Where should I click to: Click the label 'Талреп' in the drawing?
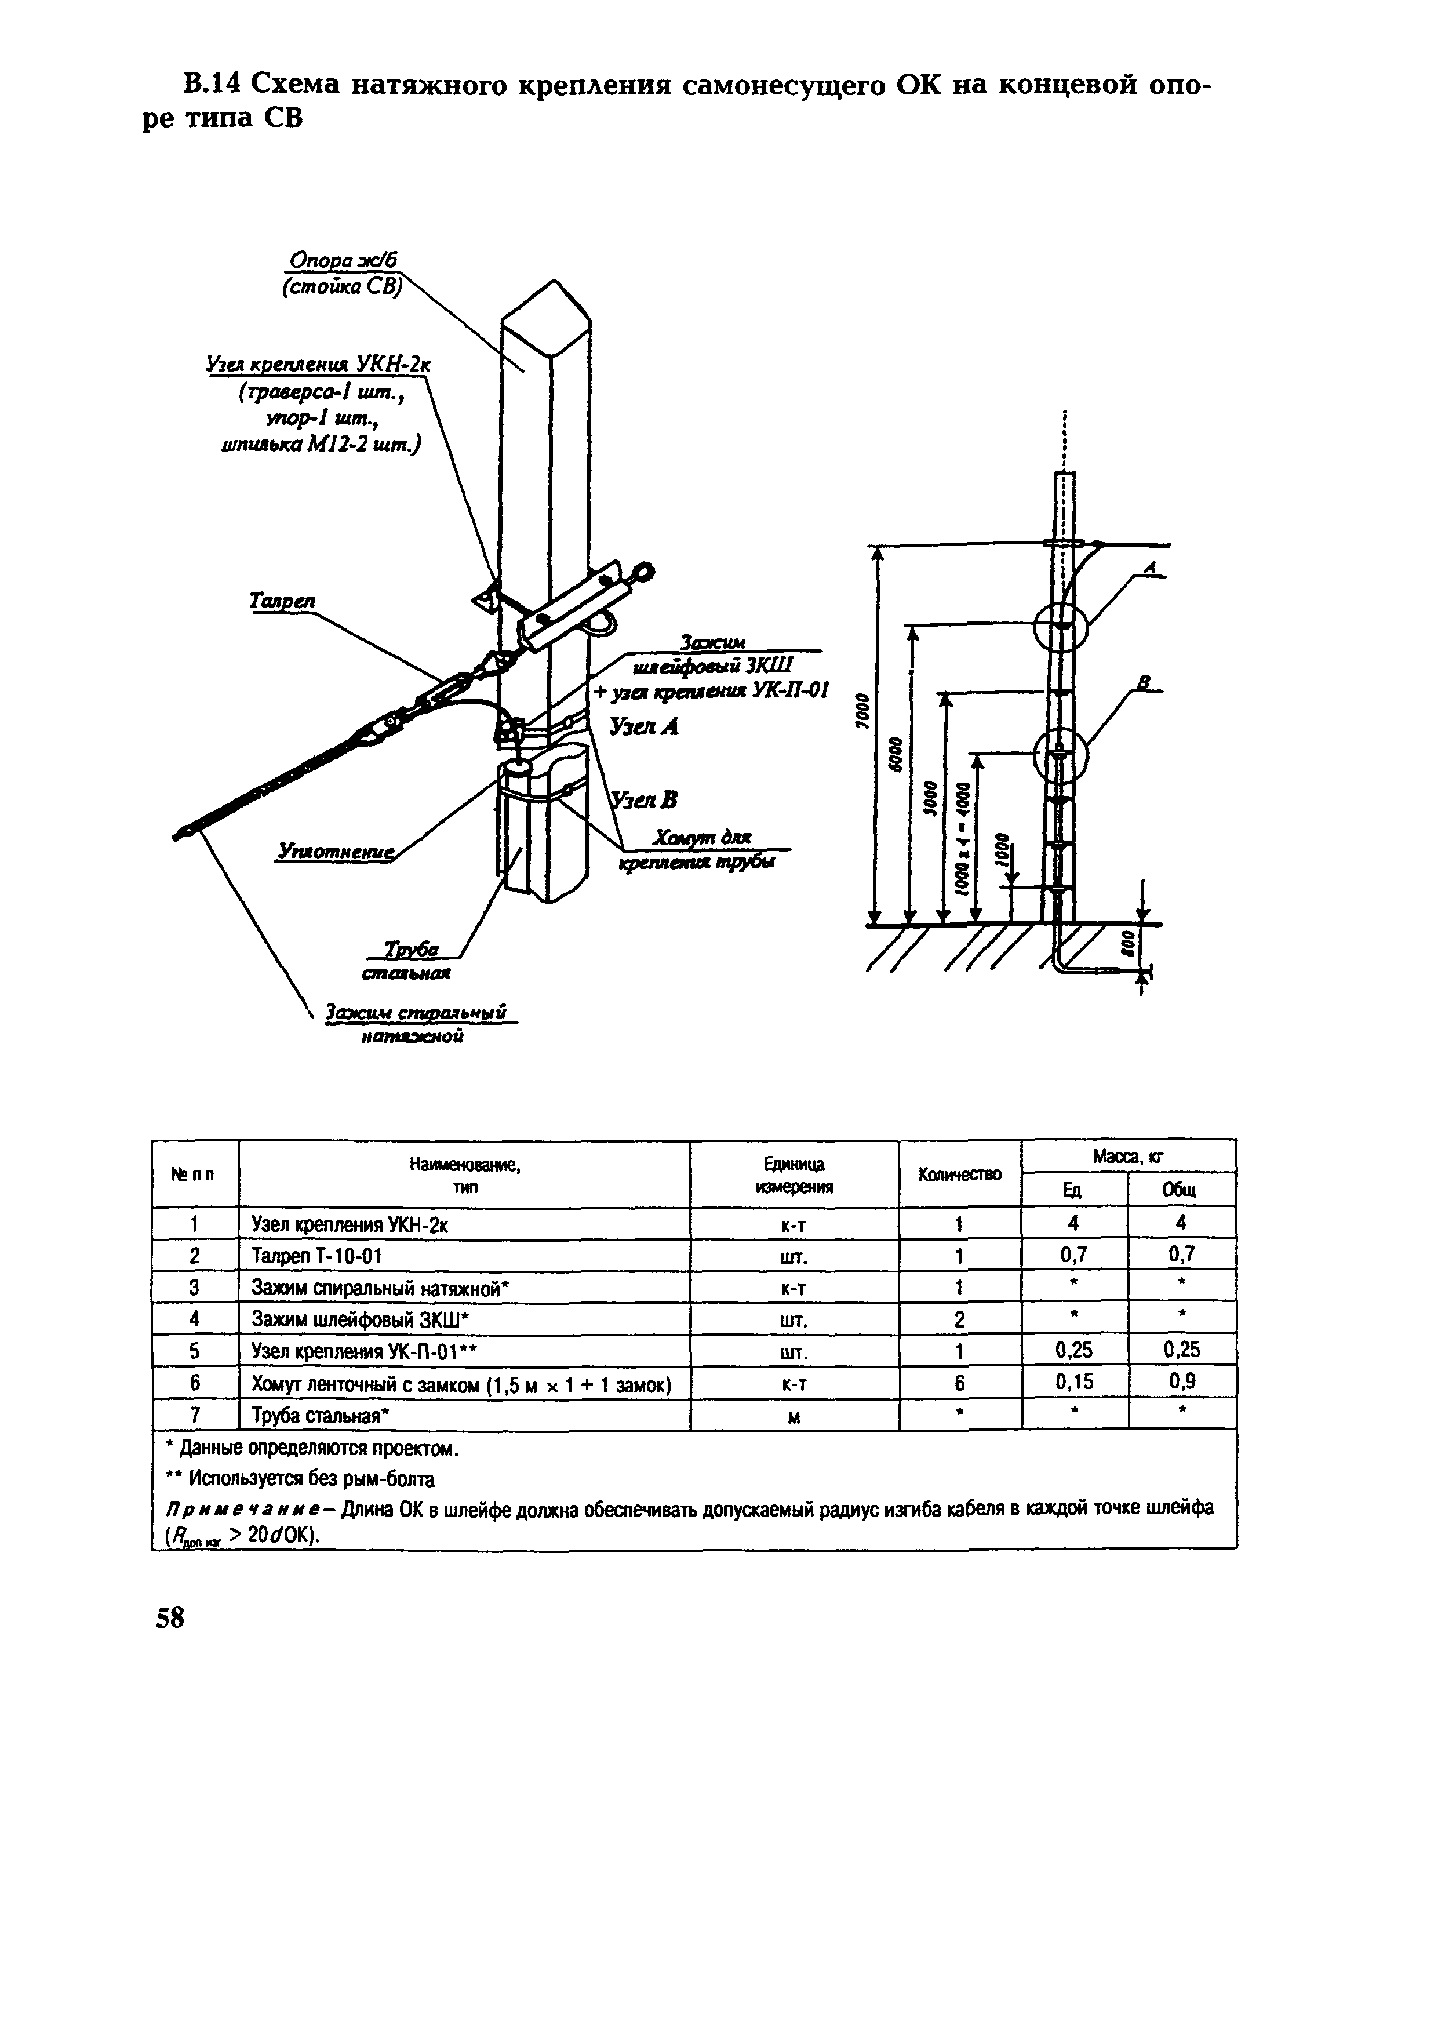tap(282, 602)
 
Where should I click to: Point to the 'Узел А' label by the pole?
tap(644, 726)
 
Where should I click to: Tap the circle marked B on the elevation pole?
tap(1061, 755)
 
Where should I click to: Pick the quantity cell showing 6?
tap(959, 1384)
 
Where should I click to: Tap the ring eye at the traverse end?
tap(644, 572)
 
